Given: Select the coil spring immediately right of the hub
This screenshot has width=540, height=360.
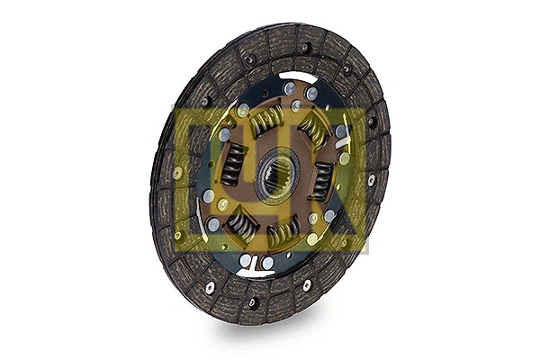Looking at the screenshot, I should [321, 181].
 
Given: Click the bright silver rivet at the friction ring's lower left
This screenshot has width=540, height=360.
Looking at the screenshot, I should [210, 287].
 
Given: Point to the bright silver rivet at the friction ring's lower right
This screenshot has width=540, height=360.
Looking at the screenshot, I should [307, 284].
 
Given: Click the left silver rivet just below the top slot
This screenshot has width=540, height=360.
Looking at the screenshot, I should [289, 88].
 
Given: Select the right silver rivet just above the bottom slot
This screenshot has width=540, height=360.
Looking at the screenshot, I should [267, 262].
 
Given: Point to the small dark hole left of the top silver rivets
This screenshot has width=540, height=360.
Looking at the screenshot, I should [263, 91].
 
